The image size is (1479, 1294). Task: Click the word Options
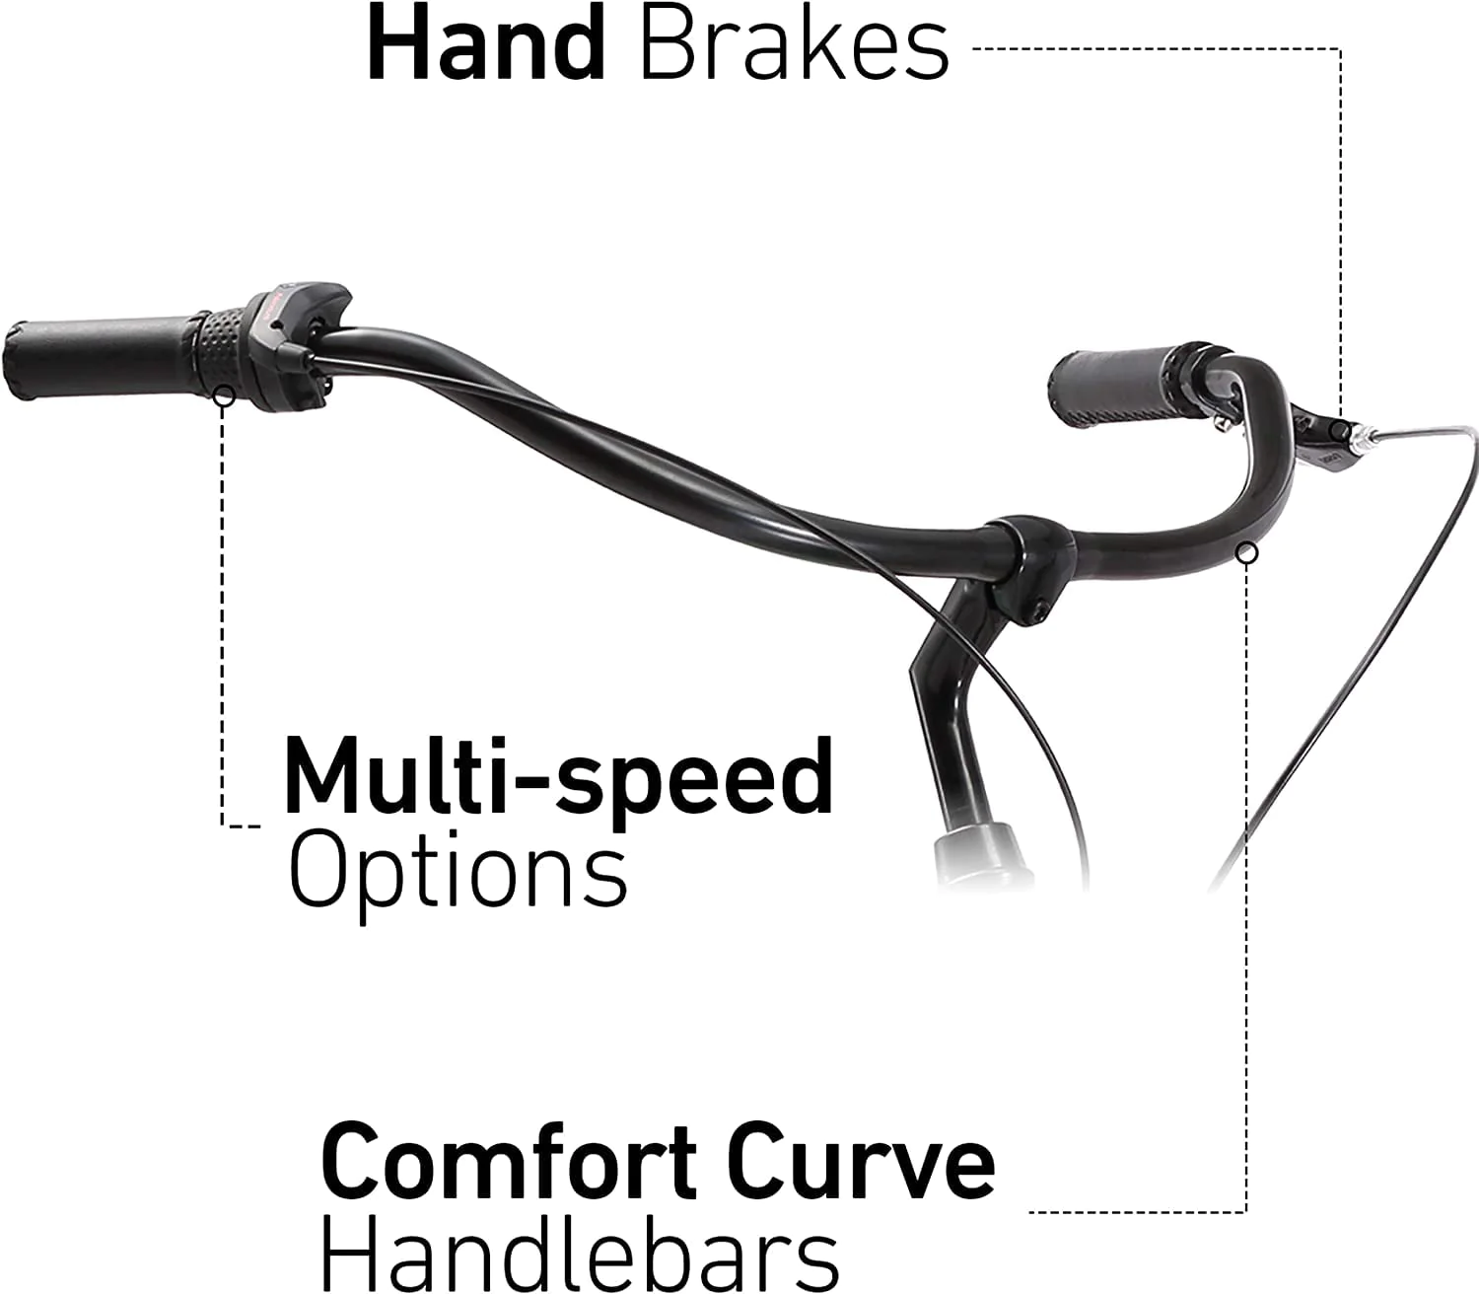tap(458, 876)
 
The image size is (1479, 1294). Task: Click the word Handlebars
tap(580, 1253)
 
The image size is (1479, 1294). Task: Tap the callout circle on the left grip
tap(225, 395)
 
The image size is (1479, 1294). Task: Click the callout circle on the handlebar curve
tap(1247, 553)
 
